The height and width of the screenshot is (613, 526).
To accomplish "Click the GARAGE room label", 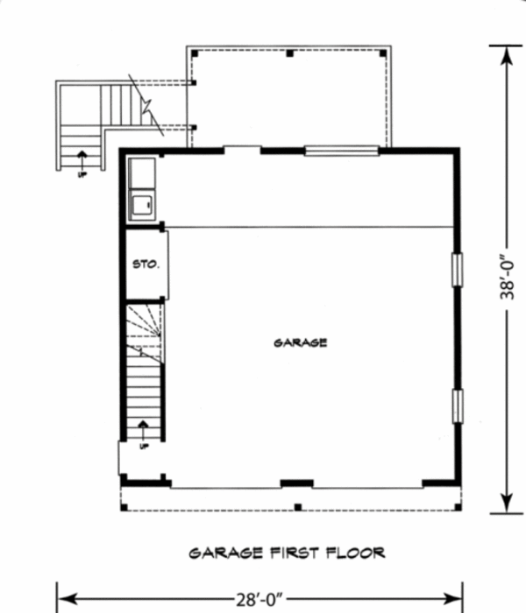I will coord(300,342).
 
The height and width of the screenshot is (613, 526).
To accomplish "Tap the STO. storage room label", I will coord(146,263).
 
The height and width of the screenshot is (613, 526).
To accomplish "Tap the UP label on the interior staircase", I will coord(145,446).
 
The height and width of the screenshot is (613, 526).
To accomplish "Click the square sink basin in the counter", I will coord(142,207).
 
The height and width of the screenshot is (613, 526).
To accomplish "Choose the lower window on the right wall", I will coord(456,405).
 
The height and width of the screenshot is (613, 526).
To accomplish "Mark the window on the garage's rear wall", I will coord(341,150).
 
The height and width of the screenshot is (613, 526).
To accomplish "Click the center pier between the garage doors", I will coord(296,483).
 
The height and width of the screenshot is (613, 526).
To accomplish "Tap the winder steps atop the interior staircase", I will coord(144,324).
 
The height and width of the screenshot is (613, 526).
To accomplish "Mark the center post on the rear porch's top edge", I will coord(289,53).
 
